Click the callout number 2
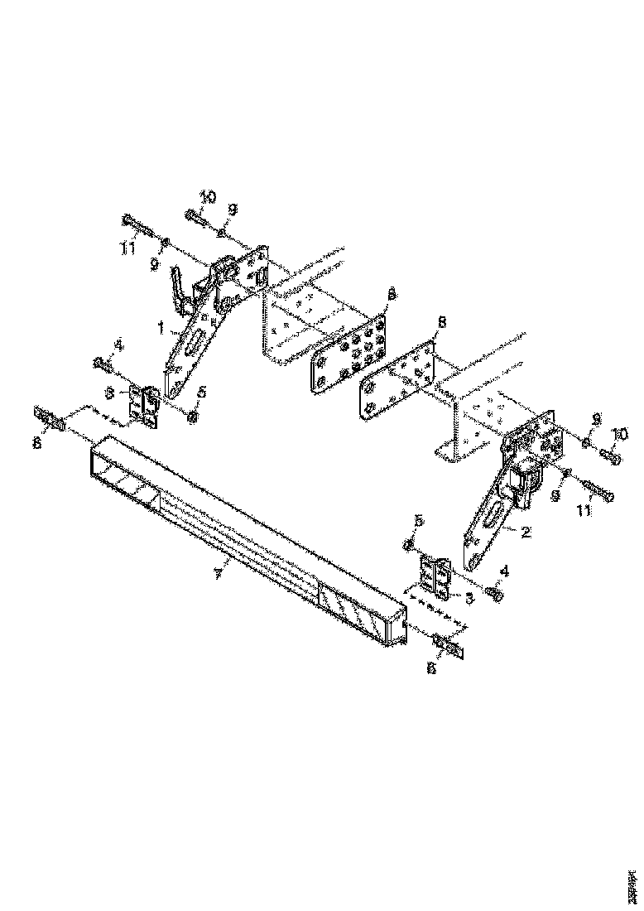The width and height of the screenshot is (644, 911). [524, 533]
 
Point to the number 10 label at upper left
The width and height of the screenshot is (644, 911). [206, 197]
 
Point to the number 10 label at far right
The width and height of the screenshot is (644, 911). [621, 434]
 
